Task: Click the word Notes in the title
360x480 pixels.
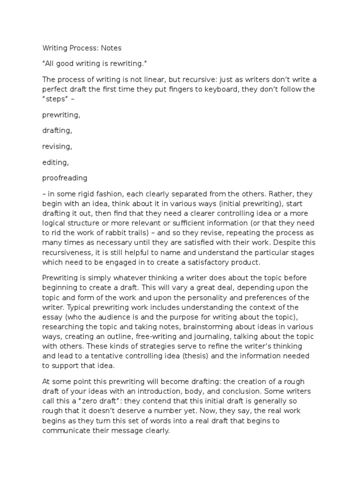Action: coord(111,47)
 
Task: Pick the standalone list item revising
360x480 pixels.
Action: coord(57,146)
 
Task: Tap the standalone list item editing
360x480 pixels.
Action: coord(56,162)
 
